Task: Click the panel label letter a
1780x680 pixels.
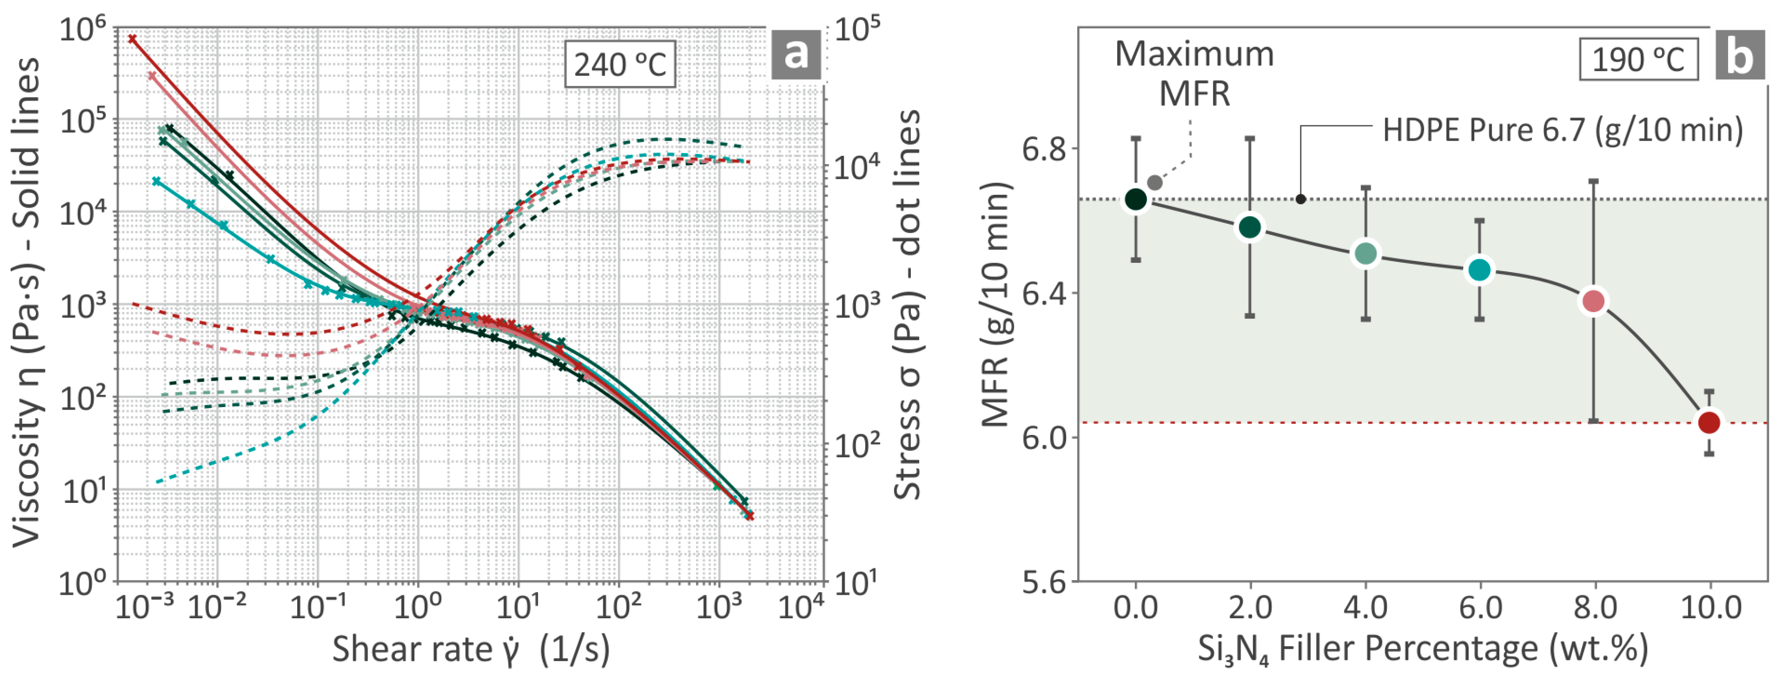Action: point(795,53)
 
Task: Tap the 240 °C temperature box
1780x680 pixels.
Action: point(620,65)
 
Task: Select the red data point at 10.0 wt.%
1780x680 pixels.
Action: point(1709,422)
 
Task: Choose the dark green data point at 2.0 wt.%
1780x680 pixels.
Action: point(1250,227)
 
